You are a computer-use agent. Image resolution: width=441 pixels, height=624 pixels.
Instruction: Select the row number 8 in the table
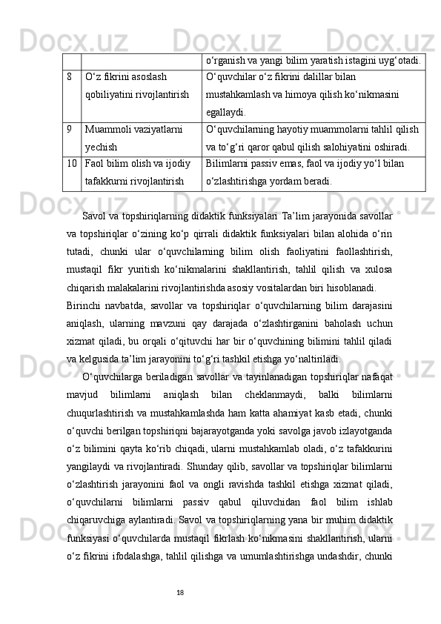pyautogui.click(x=69, y=76)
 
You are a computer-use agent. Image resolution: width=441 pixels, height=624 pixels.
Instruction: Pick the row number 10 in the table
pyautogui.click(x=71, y=163)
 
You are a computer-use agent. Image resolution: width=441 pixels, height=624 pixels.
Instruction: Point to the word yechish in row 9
pyautogui.click(x=100, y=146)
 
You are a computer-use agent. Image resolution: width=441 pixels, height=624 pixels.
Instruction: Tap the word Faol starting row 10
pyautogui.click(x=95, y=163)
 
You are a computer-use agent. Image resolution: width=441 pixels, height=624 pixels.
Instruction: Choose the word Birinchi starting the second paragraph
pyautogui.click(x=85, y=305)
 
